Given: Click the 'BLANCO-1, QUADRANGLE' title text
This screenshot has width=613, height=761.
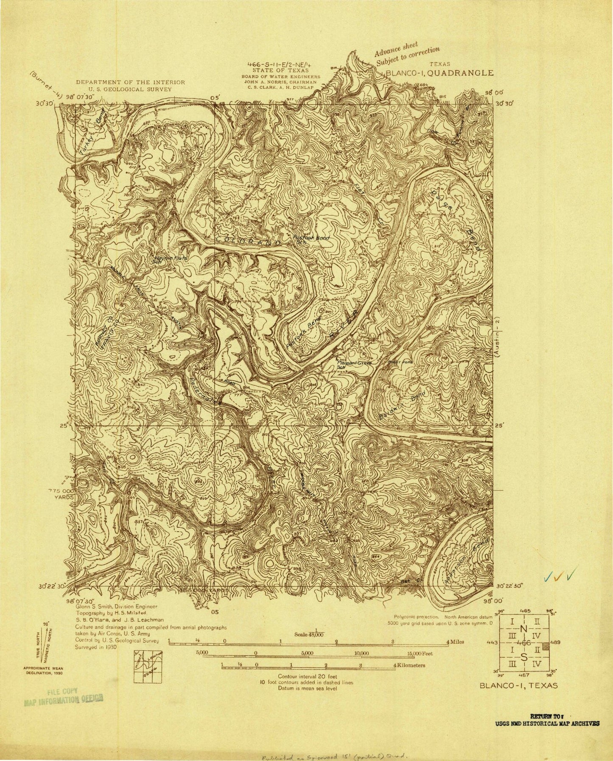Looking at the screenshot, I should [439, 73].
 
